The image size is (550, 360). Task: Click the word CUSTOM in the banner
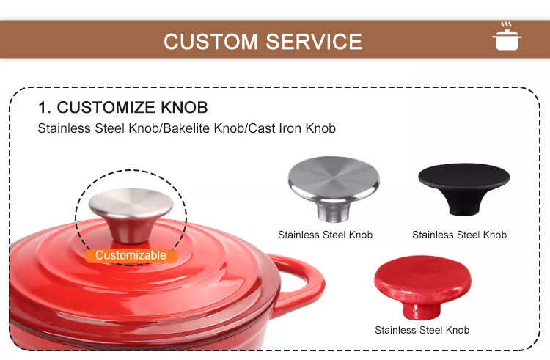click(x=210, y=42)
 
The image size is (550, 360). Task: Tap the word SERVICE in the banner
click(x=314, y=42)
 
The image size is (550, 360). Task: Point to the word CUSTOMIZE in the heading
click(x=106, y=107)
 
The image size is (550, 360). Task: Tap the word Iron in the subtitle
click(x=289, y=128)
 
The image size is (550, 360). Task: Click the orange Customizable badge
click(x=131, y=255)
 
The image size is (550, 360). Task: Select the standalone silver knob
click(x=334, y=188)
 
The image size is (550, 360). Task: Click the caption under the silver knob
click(x=325, y=235)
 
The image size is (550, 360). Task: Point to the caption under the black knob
click(x=460, y=235)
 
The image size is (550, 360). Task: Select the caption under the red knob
click(x=422, y=330)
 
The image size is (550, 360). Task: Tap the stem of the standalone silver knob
click(x=334, y=212)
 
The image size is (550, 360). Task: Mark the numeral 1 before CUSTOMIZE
click(x=43, y=108)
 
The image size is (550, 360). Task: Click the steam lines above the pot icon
click(x=506, y=24)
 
